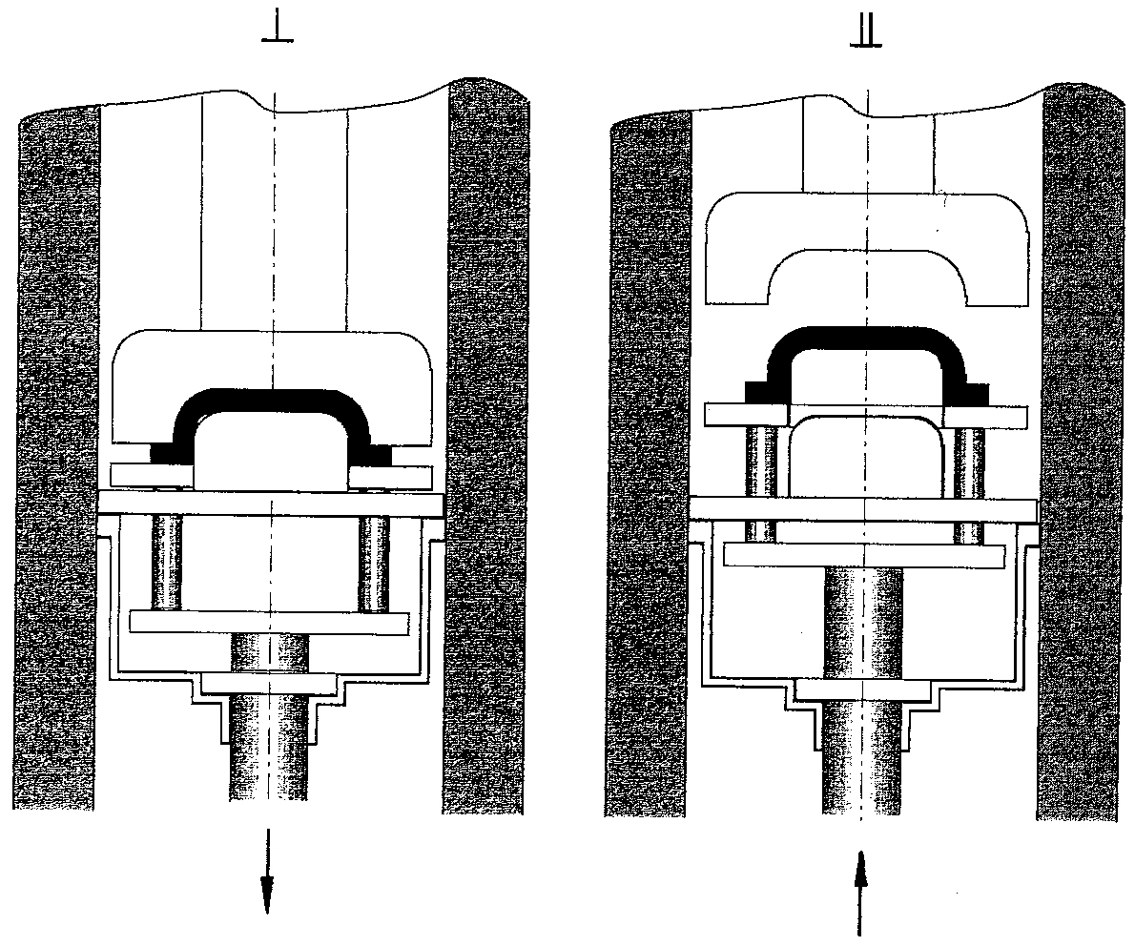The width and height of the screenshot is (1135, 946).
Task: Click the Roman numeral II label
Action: tap(866, 34)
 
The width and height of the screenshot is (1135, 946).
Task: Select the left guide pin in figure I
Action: tap(166, 563)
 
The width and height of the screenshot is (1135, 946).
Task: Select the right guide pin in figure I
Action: tap(374, 563)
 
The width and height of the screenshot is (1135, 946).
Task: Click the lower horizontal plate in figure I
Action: tap(269, 623)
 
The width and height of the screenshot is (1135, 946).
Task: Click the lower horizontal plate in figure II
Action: tap(864, 554)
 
